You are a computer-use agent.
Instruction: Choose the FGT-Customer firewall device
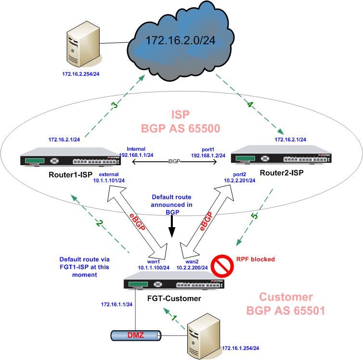(x=173, y=282)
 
